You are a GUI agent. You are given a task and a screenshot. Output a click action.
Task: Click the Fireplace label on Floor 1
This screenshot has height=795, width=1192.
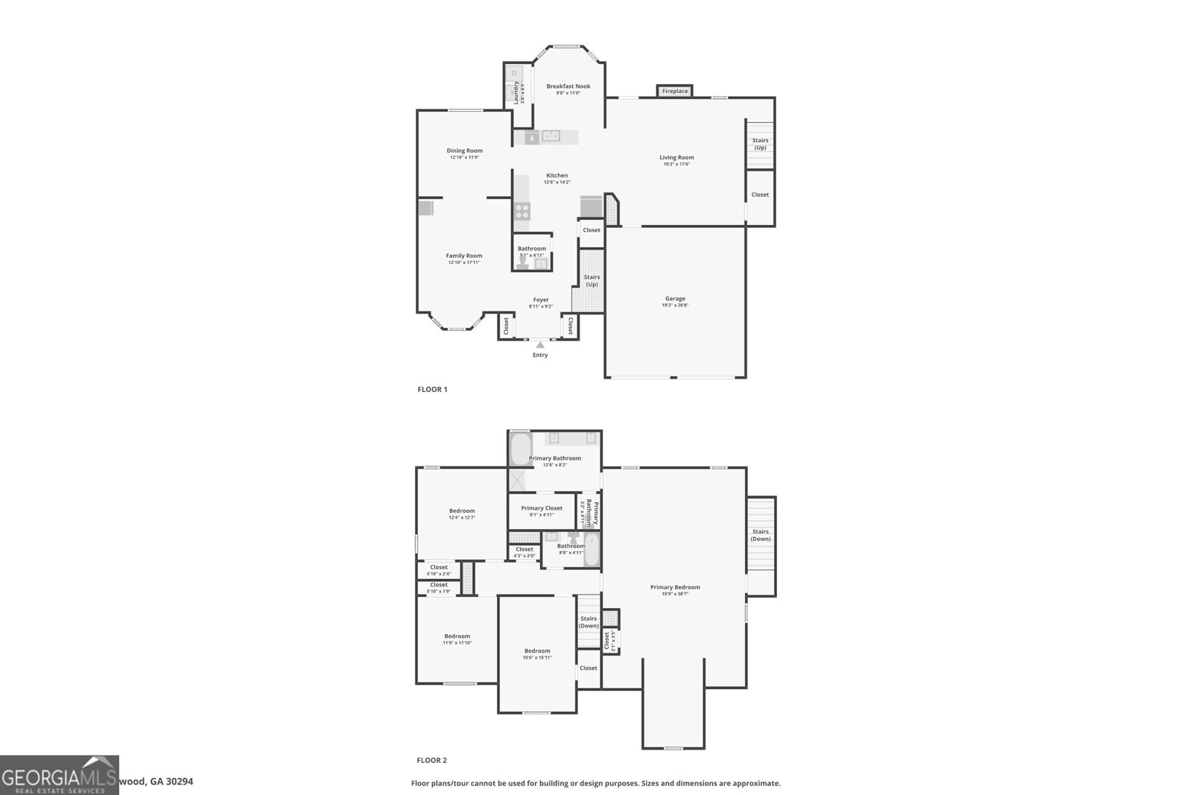coord(675,91)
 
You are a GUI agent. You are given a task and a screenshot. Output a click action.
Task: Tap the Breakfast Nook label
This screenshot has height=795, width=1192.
coord(568,86)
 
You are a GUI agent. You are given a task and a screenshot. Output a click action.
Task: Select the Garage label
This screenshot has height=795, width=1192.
coord(675,299)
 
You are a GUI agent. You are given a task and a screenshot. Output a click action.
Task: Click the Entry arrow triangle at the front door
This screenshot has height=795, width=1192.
coord(540,344)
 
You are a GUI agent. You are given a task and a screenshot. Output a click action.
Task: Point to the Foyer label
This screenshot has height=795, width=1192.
coord(540,300)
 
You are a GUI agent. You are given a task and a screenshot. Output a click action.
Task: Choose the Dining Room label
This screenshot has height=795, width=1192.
coord(464,151)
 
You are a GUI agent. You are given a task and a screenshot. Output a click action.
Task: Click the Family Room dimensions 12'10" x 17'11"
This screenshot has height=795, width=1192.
coord(464,262)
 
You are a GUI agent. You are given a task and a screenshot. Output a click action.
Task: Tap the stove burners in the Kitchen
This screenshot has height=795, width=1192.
coord(521,210)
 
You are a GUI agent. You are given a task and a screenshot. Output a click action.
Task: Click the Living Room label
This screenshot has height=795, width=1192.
coord(676,157)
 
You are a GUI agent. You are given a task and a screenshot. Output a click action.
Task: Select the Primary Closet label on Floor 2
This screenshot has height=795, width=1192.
coord(542,508)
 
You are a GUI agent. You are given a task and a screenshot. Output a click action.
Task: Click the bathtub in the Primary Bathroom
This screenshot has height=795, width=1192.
coord(519,449)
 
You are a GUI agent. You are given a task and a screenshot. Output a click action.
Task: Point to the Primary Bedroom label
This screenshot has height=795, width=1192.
coord(675,587)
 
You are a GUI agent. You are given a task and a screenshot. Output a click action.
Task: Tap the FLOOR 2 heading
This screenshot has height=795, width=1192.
coord(431,760)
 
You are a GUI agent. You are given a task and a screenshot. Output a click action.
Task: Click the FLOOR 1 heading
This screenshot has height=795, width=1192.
coord(432,389)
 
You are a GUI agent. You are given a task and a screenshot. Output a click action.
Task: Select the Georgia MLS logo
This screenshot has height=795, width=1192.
coord(60,775)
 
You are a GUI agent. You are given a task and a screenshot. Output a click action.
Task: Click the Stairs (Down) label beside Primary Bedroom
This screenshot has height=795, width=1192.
coord(761,535)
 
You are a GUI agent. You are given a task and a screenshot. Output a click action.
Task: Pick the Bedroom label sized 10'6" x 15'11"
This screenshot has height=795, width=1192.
coord(536,650)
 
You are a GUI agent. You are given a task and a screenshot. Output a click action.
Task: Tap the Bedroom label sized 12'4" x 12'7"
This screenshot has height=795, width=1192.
coord(462,511)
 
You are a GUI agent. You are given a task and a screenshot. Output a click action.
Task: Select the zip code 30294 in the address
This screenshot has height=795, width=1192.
coord(180,782)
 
